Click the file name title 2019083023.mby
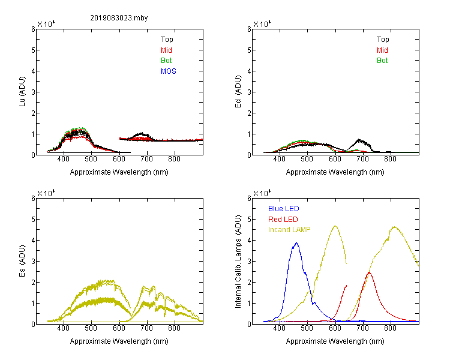click(119, 18)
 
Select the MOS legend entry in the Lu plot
click(169, 71)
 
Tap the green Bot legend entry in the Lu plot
click(166, 61)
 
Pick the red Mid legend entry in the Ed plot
click(382, 50)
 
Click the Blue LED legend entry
click(284, 209)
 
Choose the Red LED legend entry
click(283, 220)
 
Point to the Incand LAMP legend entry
click(289, 230)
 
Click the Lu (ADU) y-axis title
click(22, 92)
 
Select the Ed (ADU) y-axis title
click(238, 92)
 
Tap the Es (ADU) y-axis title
click(22, 261)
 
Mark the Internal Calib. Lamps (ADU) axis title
click(238, 262)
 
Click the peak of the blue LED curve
click(296, 243)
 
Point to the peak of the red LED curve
click(369, 272)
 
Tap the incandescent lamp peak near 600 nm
click(335, 226)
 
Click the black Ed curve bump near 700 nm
click(359, 140)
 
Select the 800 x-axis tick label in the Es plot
click(174, 328)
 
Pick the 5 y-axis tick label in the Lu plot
click(33, 50)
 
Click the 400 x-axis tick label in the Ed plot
click(279, 159)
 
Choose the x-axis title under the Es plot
click(119, 341)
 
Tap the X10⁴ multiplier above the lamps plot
click(262, 193)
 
